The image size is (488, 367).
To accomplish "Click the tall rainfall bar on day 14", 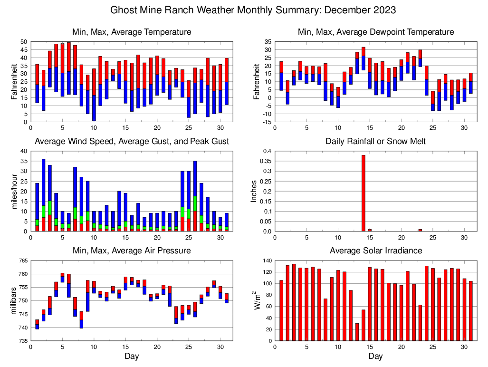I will pyautogui.click(x=363, y=193).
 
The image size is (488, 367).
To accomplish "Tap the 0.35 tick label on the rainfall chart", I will pyautogui.click(x=264, y=161).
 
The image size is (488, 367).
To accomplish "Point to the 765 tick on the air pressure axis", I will pyautogui.click(x=22, y=261).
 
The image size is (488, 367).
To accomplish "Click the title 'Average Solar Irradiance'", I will pyautogui.click(x=375, y=251).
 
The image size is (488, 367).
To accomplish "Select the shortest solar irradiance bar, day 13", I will pyautogui.click(x=357, y=332).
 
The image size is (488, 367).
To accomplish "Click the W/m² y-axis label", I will pyautogui.click(x=257, y=300).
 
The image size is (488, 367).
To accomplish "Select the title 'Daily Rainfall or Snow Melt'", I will pyautogui.click(x=375, y=141).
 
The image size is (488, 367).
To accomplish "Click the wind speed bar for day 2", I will pyautogui.click(x=43, y=195).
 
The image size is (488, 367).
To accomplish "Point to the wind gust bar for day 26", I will pyautogui.click(x=195, y=196).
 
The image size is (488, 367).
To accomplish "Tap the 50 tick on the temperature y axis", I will pyautogui.click(x=23, y=42).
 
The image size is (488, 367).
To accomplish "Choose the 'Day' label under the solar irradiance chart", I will pyautogui.click(x=375, y=357).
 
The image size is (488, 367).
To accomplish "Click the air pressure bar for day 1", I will pyautogui.click(x=37, y=324).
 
